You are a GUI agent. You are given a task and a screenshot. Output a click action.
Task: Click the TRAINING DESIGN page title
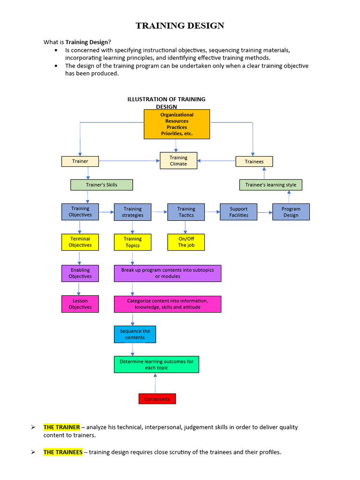point(180,26)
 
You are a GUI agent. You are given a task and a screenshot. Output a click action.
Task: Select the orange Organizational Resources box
point(177,124)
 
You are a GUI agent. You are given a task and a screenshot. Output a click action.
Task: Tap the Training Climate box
point(178,161)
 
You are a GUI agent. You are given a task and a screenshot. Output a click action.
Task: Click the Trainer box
point(80,161)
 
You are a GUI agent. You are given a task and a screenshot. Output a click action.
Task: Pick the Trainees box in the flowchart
point(254,161)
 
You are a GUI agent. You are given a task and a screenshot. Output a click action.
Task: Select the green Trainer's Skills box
point(102,185)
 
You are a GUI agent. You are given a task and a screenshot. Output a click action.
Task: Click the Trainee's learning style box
point(271,185)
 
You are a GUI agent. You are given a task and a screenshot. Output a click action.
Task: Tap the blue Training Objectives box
point(80,212)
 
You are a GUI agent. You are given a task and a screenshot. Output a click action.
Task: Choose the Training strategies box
point(133,212)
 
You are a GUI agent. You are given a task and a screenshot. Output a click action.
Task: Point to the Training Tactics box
point(186,212)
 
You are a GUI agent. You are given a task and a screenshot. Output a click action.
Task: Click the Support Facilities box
point(239,212)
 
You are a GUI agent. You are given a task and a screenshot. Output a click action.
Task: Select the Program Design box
point(291,212)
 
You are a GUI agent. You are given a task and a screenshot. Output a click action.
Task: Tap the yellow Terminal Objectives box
point(80,242)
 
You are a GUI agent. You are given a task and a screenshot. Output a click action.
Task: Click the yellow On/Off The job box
point(186,242)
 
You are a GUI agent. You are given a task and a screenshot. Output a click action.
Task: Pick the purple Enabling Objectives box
point(80,273)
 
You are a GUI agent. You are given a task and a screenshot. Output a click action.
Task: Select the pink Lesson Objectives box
point(80,304)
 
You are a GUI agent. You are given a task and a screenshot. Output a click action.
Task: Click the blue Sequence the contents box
point(135,334)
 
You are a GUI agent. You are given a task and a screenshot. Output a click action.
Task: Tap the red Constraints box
point(157,399)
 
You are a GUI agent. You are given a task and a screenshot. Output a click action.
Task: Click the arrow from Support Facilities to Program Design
point(265,212)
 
